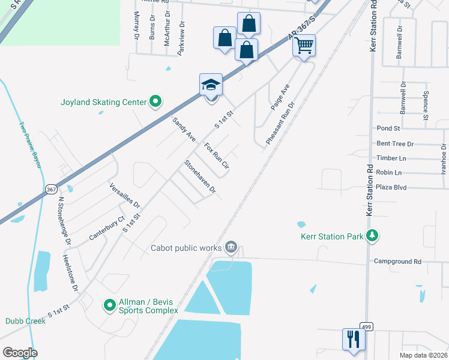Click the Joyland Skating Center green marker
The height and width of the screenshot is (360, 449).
coord(156,102)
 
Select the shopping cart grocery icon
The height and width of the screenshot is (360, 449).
coord(304,46)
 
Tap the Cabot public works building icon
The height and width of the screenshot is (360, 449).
coord(232,247)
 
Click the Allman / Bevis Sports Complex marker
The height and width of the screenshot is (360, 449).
coord(110,305)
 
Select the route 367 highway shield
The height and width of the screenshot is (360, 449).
coord(52,190)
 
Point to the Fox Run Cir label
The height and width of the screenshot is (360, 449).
coord(217,155)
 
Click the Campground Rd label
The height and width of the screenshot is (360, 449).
coord(398,262)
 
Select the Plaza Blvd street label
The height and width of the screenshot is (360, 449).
coord(391,188)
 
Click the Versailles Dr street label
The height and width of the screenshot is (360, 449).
coord(124,196)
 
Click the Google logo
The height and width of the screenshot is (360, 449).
coord(20,353)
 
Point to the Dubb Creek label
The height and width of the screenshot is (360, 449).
coord(26,321)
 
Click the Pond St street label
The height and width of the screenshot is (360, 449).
coord(388,128)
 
